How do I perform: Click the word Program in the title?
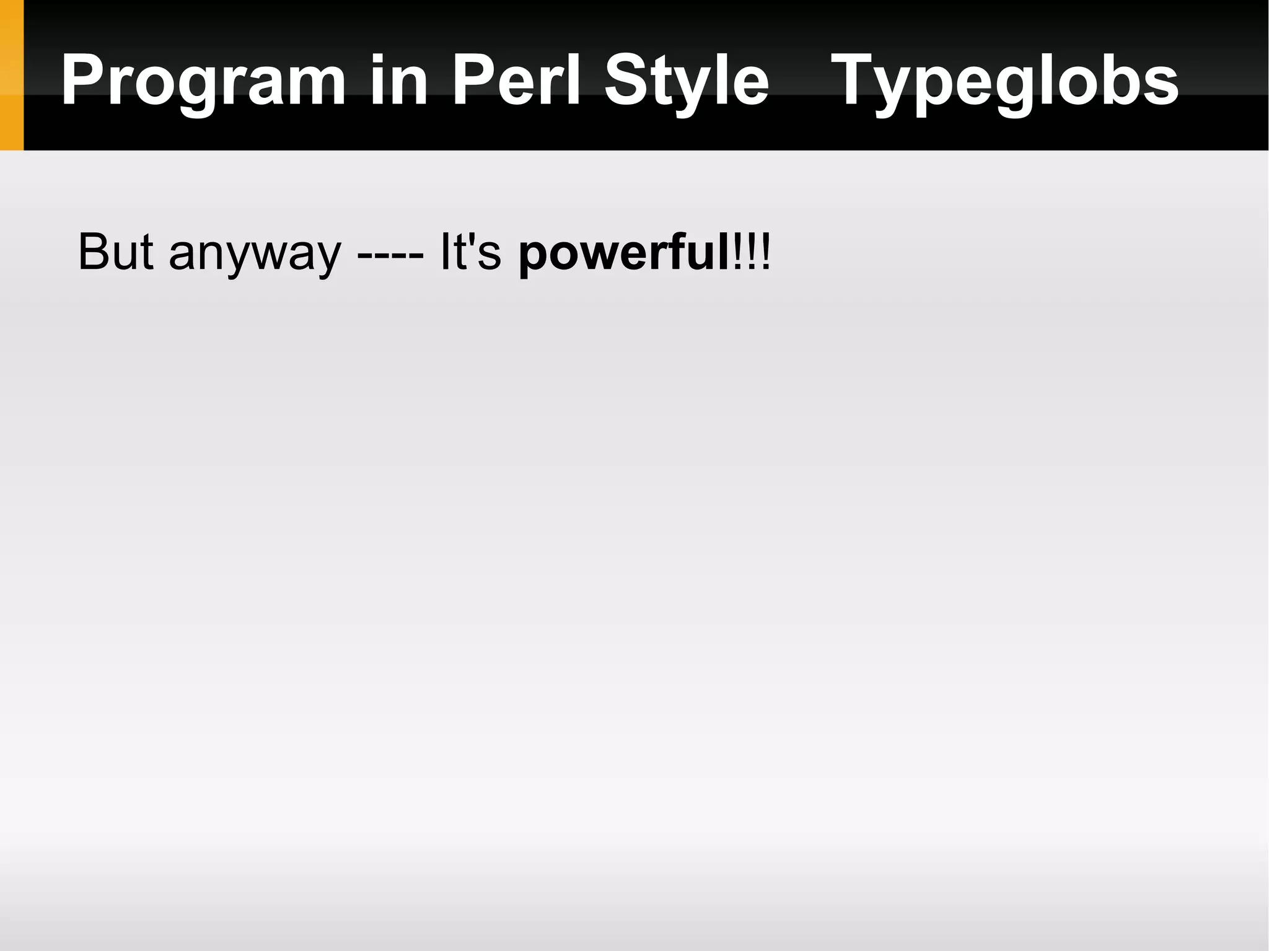click(203, 81)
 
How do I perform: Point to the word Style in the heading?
click(687, 81)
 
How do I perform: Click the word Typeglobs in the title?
click(1004, 81)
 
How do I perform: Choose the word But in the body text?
click(115, 252)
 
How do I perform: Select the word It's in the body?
click(470, 252)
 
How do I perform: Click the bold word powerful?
click(625, 253)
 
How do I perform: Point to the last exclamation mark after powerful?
click(766, 252)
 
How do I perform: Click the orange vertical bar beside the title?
click(11, 75)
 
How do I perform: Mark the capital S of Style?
click(627, 79)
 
